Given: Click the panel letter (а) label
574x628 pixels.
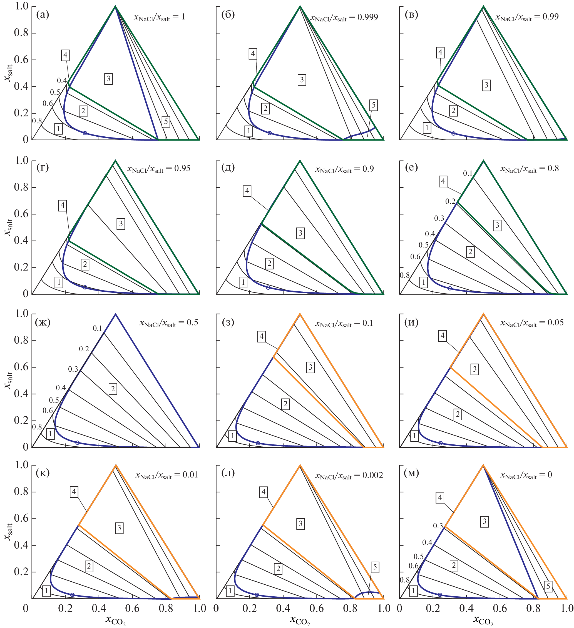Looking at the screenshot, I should click(x=43, y=15).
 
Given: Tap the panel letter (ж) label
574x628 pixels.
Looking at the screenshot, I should click(x=43, y=322).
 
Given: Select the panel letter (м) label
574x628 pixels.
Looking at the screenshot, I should click(x=411, y=474).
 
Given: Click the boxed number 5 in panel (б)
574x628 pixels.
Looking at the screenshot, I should click(x=374, y=105).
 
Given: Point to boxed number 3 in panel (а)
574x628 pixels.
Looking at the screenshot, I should click(x=108, y=79).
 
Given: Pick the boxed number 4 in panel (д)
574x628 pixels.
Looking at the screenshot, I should click(x=247, y=191).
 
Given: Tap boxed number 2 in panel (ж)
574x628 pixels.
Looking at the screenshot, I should click(x=113, y=389).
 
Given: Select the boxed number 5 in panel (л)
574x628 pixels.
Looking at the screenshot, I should click(x=375, y=567).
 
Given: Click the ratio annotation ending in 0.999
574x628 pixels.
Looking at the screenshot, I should click(x=344, y=18).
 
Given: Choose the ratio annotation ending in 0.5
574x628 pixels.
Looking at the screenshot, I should click(x=169, y=323).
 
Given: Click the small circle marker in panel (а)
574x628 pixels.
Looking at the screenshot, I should click(x=85, y=133).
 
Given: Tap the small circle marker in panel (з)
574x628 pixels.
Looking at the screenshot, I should click(x=258, y=443).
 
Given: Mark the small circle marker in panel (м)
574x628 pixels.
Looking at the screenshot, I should click(x=440, y=595).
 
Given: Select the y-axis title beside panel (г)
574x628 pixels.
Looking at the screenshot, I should click(x=8, y=227).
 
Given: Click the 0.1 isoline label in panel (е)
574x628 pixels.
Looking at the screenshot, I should click(x=468, y=174).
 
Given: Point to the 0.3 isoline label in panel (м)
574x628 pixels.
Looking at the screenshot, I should click(x=438, y=526).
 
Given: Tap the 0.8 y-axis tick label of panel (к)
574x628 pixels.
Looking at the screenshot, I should click(x=21, y=492).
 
